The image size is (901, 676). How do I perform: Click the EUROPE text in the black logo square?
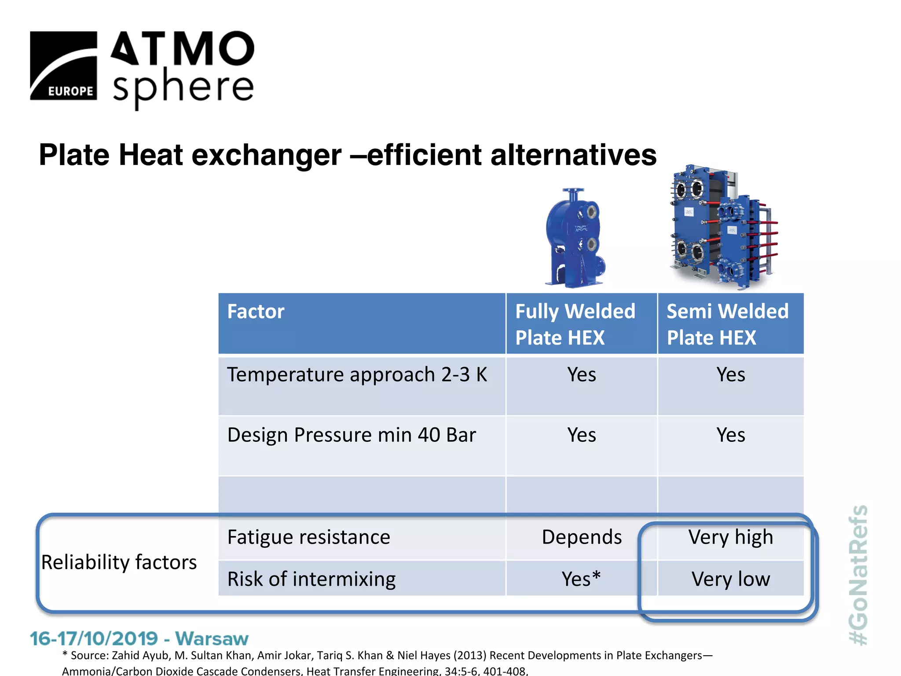click(70, 91)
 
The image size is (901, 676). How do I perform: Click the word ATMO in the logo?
click(182, 48)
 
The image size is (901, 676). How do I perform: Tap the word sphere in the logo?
click(183, 87)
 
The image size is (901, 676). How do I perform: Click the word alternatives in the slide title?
click(573, 155)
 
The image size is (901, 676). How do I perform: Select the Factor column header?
click(256, 312)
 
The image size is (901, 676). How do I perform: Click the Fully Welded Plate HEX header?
click(575, 324)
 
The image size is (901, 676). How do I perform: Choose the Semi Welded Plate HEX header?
click(727, 324)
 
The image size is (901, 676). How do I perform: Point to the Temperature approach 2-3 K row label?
click(357, 375)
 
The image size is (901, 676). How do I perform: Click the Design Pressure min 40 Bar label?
click(352, 435)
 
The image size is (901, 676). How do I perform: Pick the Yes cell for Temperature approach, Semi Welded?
click(730, 375)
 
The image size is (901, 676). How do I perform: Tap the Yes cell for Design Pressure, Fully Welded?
click(581, 435)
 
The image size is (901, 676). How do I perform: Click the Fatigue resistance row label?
click(308, 537)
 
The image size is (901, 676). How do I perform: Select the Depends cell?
click(581, 537)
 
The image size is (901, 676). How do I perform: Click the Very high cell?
click(730, 537)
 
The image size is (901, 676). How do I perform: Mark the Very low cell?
click(730, 579)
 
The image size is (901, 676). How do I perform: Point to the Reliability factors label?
click(119, 562)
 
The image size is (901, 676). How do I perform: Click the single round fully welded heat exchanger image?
click(574, 238)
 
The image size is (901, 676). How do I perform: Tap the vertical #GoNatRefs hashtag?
click(858, 574)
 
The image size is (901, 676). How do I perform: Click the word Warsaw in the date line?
click(212, 638)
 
